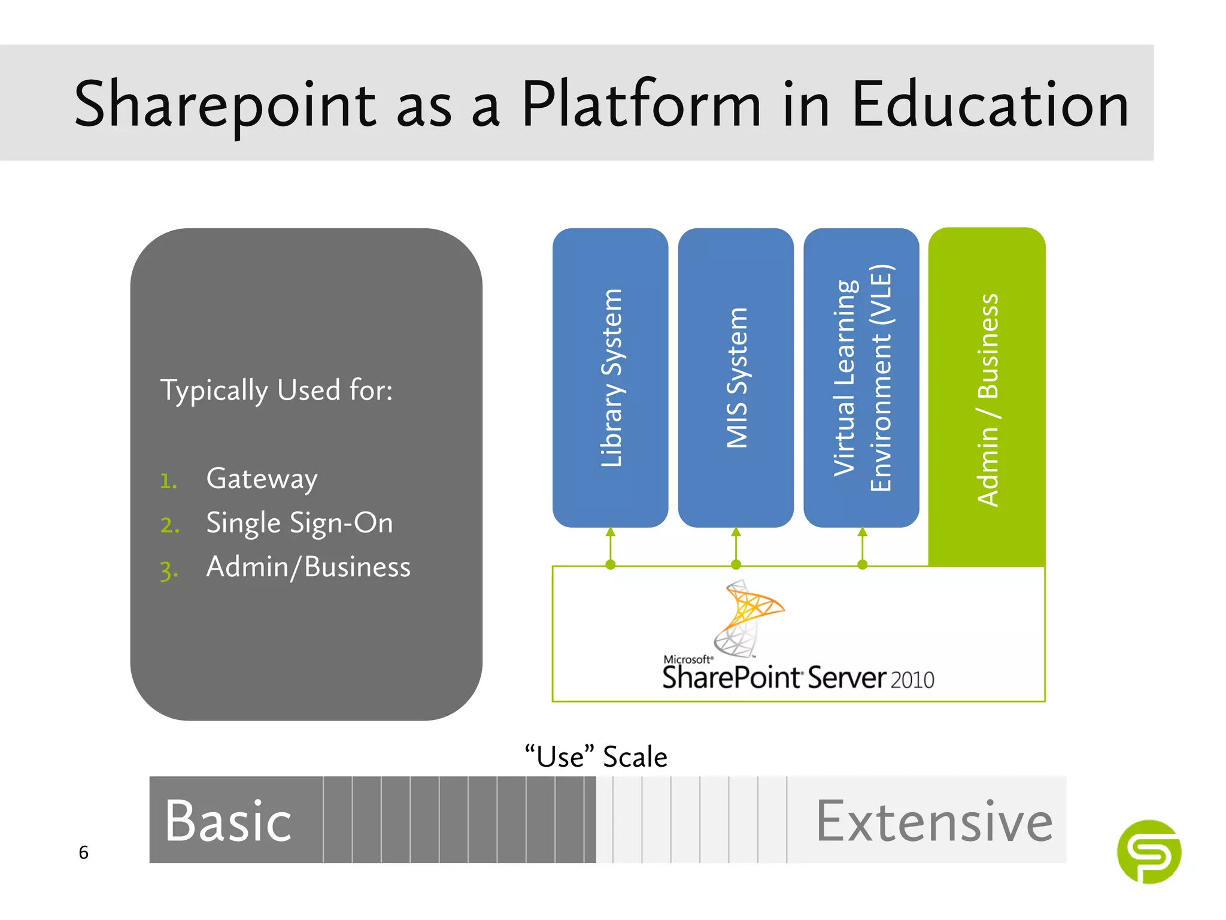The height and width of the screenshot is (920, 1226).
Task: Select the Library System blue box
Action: [610, 377]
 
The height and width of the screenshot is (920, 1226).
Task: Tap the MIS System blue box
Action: [736, 377]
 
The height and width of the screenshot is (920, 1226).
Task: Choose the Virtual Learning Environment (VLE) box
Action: [861, 377]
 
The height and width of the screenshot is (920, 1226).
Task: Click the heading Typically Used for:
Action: [277, 391]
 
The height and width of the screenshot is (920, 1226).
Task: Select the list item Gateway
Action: [262, 479]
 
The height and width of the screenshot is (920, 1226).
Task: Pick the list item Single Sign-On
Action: [299, 523]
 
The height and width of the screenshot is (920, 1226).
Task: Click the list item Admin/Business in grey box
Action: [308, 567]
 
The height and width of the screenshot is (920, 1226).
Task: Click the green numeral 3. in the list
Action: [169, 570]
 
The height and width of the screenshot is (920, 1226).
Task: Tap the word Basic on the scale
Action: [228, 821]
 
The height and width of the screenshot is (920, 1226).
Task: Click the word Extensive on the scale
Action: [934, 821]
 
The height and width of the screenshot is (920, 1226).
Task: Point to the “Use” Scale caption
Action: [596, 756]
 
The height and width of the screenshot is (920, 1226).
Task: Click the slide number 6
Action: [84, 852]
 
